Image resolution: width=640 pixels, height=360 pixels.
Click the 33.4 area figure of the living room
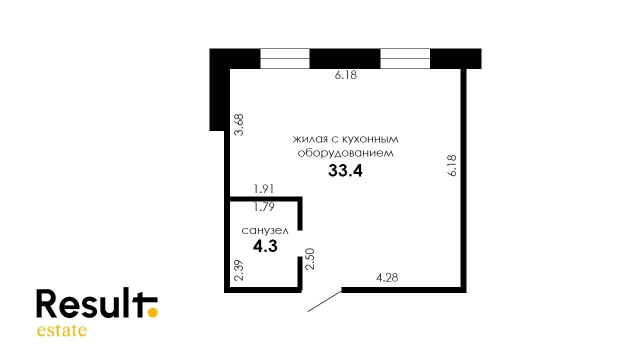tap(345, 170)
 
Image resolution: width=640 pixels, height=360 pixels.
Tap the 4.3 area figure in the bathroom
tap(265, 246)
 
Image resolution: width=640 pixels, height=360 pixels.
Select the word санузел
tap(265, 230)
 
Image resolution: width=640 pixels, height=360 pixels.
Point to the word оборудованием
tap(345, 153)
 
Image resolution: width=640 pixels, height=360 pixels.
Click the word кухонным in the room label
tap(370, 139)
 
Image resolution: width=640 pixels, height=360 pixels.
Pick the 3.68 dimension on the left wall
tap(239, 124)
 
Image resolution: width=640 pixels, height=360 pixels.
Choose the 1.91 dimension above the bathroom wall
tap(263, 189)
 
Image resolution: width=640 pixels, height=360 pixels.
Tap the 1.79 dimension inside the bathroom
tap(264, 206)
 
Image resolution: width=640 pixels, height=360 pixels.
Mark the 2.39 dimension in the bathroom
tap(239, 270)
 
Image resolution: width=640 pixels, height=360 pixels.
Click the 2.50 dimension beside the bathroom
tap(310, 259)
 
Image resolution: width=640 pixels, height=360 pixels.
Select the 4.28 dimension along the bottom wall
tap(387, 277)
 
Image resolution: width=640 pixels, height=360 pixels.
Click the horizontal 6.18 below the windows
tap(345, 75)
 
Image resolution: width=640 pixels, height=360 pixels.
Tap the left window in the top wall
tap(285, 59)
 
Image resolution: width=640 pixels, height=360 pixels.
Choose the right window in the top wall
tap(405, 59)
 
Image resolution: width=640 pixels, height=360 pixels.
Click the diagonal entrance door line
tap(324, 301)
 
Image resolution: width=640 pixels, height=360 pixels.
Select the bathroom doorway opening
tap(300, 243)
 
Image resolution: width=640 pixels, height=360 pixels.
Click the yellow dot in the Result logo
tap(152, 312)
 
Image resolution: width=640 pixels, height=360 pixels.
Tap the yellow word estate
tap(61, 330)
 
